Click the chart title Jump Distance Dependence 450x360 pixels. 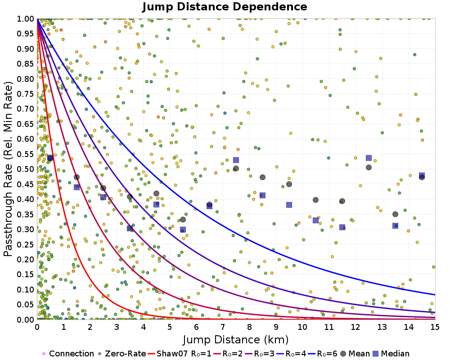coord(225,7)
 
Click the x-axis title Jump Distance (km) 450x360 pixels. coord(236,339)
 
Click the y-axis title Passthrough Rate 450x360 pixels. coord(9,169)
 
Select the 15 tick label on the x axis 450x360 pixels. coord(435,327)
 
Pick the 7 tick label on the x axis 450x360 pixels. coord(223,327)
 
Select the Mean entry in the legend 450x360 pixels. coord(357,354)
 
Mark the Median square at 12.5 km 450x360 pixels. coord(369,158)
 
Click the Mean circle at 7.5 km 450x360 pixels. coord(236,169)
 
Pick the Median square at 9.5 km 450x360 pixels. coord(289,205)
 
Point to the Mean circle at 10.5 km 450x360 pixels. coord(315,200)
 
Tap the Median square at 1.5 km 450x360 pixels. coord(76,187)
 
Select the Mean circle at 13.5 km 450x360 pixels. coord(395,214)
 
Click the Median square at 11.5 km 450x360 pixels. coord(342,227)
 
